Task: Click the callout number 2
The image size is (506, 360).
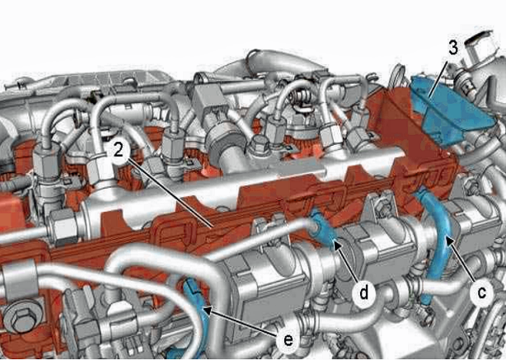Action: point(119,151)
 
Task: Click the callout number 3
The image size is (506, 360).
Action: point(453,48)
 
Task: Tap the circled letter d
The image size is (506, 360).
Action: point(364,293)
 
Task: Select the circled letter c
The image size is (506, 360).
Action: point(481,292)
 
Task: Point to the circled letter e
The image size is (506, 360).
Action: point(288,339)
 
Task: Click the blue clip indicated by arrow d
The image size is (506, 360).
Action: point(323,229)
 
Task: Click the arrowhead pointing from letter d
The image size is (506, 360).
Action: point(337,246)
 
